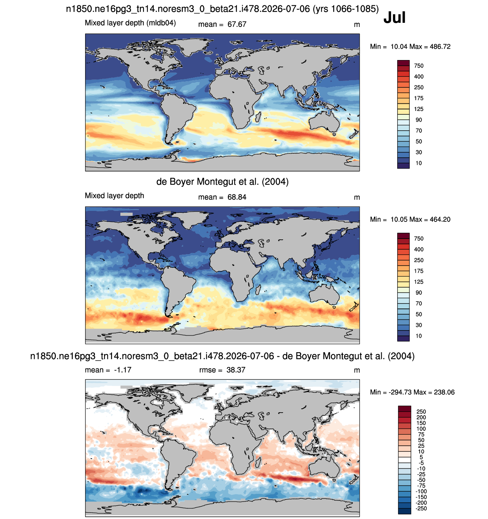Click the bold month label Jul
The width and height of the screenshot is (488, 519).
[394, 17]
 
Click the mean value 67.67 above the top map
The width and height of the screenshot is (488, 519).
[237, 24]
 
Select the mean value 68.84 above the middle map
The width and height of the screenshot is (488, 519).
[237, 197]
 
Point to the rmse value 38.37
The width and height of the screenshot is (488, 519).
[235, 370]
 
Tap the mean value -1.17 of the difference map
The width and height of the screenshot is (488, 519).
[123, 370]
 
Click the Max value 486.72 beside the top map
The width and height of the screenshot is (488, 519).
[440, 46]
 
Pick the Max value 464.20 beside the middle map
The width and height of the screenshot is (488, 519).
[440, 219]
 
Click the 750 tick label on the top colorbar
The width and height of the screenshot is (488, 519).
[419, 66]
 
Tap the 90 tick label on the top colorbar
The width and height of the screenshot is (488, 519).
[419, 120]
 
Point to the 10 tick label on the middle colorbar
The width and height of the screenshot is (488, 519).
[419, 336]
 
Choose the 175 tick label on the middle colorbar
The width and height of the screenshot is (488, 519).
[419, 271]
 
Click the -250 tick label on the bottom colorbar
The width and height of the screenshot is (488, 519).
[421, 508]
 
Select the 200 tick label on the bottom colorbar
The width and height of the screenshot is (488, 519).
[421, 417]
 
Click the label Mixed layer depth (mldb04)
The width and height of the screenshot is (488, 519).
[130, 23]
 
